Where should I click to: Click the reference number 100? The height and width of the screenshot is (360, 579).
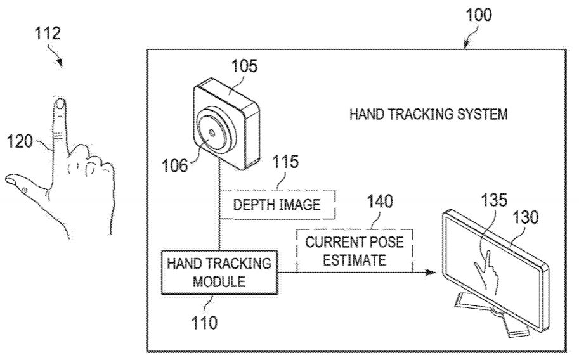(x=478, y=15)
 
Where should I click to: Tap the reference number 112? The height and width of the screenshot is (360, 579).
(x=48, y=34)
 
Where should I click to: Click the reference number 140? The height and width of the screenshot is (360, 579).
(x=379, y=202)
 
